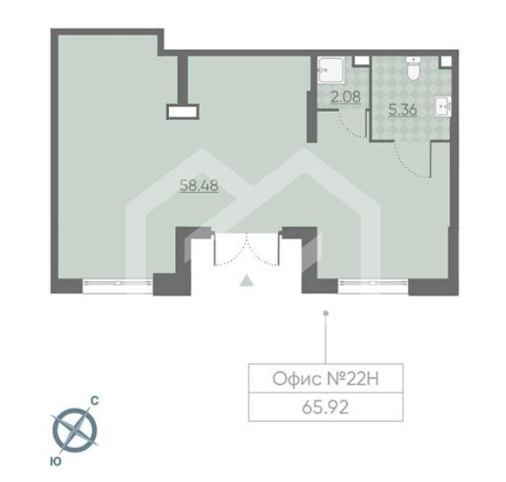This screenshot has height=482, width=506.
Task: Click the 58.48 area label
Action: [x=199, y=185]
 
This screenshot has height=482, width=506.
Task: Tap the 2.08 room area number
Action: [x=346, y=97]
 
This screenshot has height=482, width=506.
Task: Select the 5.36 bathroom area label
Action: [x=403, y=110]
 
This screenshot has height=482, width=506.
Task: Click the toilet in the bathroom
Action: [x=413, y=69]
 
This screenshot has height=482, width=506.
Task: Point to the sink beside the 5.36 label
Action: [x=442, y=106]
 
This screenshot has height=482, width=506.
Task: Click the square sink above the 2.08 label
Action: [x=331, y=70]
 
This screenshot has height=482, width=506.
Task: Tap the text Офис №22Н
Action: [x=326, y=378]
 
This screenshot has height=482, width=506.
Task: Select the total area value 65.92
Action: [x=326, y=408]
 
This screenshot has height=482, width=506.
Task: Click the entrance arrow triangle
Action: [x=247, y=280]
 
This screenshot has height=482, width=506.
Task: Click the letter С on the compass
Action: [x=95, y=401]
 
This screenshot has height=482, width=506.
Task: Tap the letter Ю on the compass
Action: [x=56, y=462]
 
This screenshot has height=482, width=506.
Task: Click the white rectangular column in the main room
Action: [x=183, y=113]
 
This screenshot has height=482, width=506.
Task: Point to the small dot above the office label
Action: [x=326, y=313]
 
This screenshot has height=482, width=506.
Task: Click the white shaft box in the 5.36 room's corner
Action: [x=445, y=61]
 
